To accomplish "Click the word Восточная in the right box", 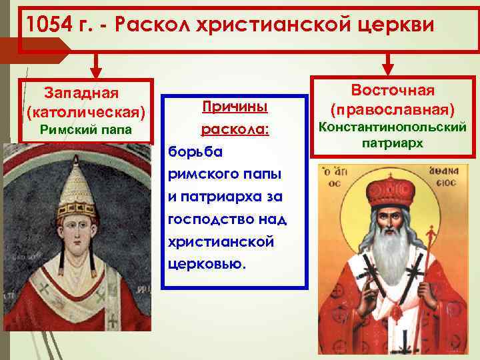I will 393,90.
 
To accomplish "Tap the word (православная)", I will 393,109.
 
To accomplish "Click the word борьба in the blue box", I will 193,151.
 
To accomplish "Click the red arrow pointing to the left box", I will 96,67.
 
